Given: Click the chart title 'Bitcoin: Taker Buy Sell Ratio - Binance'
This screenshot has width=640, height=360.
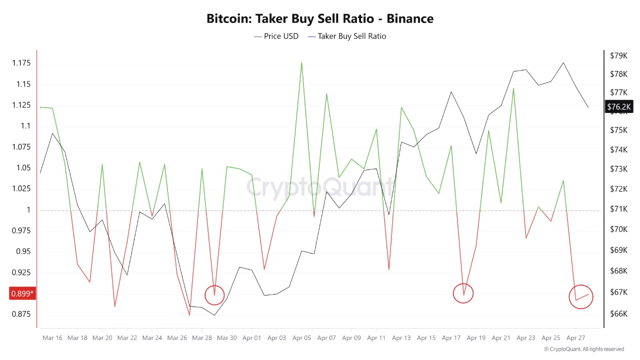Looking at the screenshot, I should (320, 19).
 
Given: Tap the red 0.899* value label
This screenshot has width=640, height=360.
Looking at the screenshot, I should (22, 293).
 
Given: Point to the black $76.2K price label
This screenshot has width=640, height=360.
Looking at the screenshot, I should (619, 106).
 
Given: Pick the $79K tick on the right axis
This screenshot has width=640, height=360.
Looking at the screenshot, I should (618, 55).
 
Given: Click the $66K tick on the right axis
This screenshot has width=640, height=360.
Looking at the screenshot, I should (618, 313).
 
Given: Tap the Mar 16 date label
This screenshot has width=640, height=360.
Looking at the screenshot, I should (52, 338).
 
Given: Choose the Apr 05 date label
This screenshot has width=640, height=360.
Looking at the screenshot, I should (301, 338).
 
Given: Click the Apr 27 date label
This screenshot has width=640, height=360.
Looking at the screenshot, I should (575, 338).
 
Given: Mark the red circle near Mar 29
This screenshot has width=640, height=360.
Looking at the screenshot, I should (214, 295).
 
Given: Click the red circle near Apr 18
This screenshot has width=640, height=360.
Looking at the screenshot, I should (463, 293).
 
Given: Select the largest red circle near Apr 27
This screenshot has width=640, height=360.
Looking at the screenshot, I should (580, 297).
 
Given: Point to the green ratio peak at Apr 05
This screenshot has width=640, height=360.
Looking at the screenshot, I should (301, 63).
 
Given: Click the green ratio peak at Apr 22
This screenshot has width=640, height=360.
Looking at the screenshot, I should (513, 88).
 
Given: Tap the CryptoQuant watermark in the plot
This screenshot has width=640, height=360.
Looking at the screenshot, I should (320, 188).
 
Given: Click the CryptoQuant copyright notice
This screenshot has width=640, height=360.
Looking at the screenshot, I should (584, 349).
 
